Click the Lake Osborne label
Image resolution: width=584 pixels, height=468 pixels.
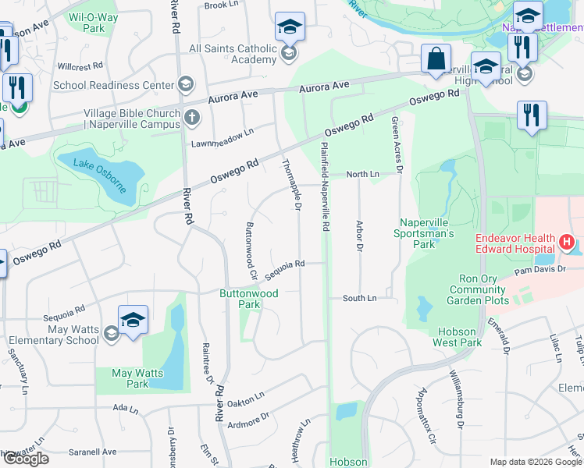click(100, 171)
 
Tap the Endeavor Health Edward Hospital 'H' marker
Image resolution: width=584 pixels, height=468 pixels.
click(567, 243)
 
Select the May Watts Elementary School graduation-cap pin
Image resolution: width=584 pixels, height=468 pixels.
click(133, 320)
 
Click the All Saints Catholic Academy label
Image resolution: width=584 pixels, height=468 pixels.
click(233, 54)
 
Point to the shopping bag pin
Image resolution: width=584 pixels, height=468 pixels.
click(436, 58)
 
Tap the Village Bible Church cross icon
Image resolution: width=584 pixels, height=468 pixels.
click(193, 119)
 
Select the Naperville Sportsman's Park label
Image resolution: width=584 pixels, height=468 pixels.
click(427, 233)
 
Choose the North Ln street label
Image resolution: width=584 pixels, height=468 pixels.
click(362, 175)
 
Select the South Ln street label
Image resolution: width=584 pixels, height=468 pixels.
click(360, 298)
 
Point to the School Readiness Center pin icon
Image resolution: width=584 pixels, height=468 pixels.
click(186, 84)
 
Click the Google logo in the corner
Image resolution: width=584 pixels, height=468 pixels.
click(25, 459)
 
